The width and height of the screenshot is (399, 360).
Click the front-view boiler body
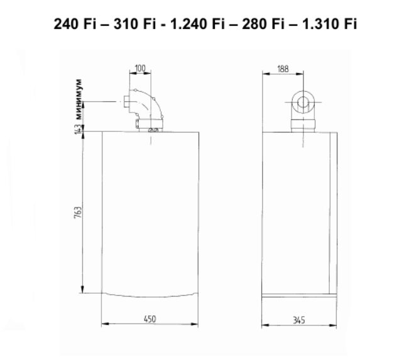(151, 214)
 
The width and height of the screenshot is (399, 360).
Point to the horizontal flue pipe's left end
(119, 102)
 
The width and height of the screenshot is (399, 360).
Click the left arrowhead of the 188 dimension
(265, 76)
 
